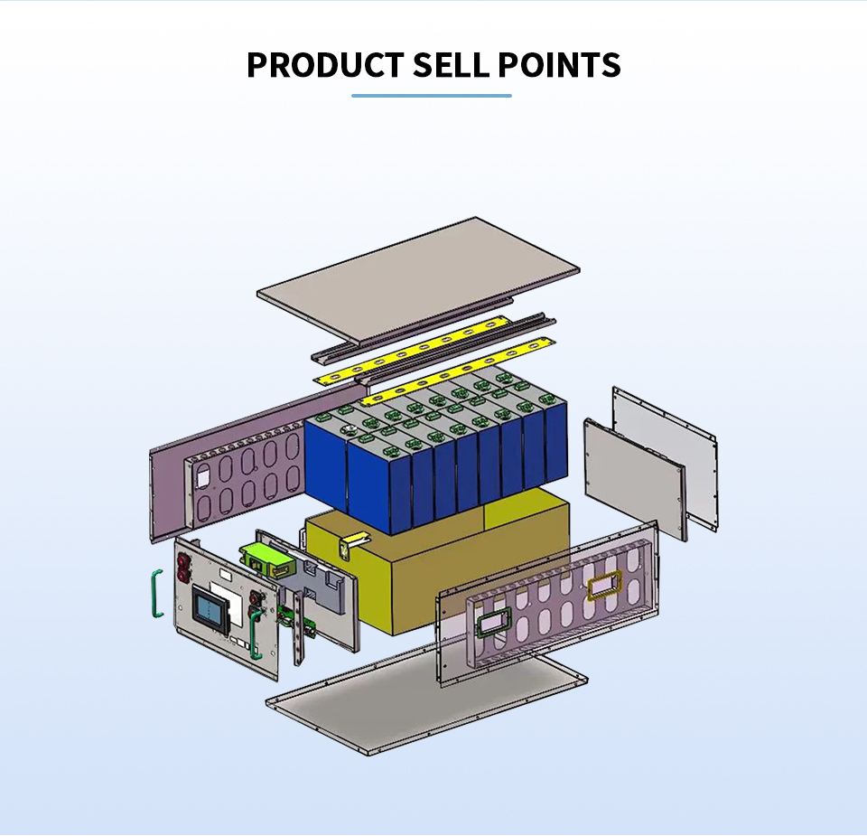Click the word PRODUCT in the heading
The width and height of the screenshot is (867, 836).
(x=324, y=65)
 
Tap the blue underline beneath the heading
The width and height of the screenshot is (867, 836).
(x=431, y=95)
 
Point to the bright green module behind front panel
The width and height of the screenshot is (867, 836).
(x=267, y=559)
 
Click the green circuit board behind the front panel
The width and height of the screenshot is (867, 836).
(x=292, y=615)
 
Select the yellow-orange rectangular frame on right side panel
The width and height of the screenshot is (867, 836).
(x=601, y=587)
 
